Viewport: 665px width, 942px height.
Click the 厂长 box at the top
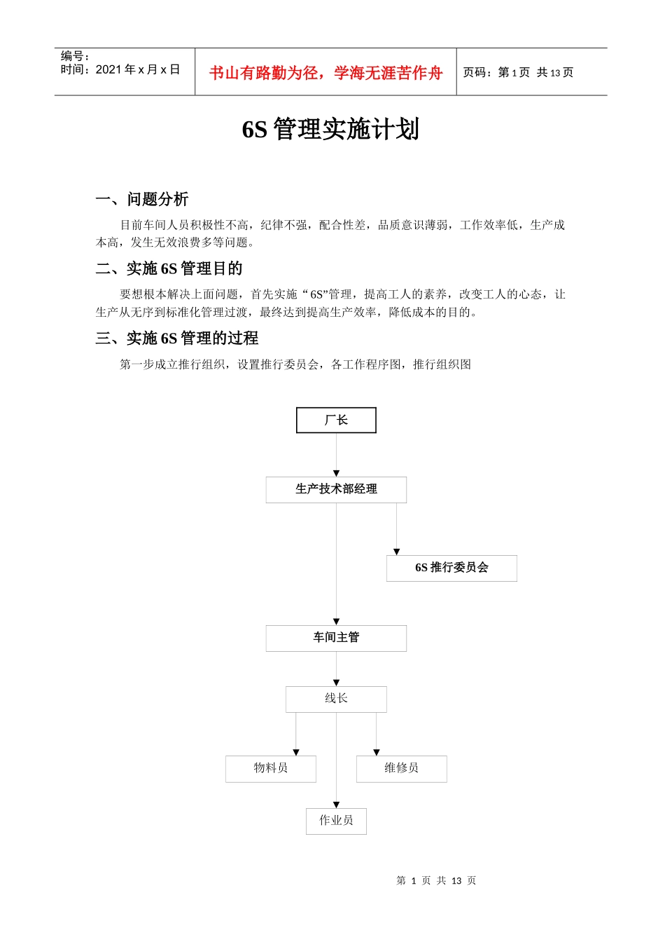(x=336, y=420)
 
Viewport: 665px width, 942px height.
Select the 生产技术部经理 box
(x=336, y=489)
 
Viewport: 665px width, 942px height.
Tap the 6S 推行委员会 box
(x=451, y=568)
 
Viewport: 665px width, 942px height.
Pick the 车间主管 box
(x=336, y=638)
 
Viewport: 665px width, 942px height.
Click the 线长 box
(x=336, y=699)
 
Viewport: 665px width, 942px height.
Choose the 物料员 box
(x=271, y=768)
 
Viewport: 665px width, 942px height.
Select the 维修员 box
(x=401, y=768)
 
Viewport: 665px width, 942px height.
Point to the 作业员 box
(x=336, y=821)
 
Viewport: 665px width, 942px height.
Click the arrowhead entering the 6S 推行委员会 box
(x=396, y=552)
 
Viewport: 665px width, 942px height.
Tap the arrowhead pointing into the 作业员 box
(x=336, y=805)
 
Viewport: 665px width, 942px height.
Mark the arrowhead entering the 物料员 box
(x=296, y=752)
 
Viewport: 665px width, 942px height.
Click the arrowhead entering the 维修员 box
(x=377, y=752)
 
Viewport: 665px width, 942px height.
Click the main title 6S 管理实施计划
(x=330, y=130)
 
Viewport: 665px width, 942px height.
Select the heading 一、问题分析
(x=142, y=200)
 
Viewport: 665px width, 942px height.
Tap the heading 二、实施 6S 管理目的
(x=169, y=269)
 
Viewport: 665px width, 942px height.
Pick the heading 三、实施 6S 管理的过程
(x=177, y=339)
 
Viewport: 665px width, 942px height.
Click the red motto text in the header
(x=325, y=73)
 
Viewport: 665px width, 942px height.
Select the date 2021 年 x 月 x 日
(x=137, y=69)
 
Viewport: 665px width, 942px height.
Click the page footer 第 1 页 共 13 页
(x=436, y=880)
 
